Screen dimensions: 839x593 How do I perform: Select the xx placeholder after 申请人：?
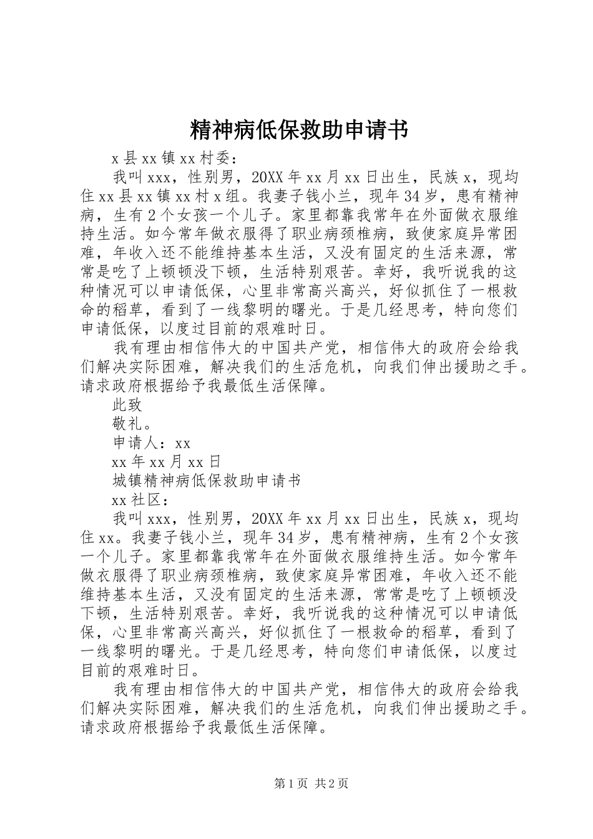(182, 443)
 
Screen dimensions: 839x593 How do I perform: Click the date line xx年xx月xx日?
(166, 462)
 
